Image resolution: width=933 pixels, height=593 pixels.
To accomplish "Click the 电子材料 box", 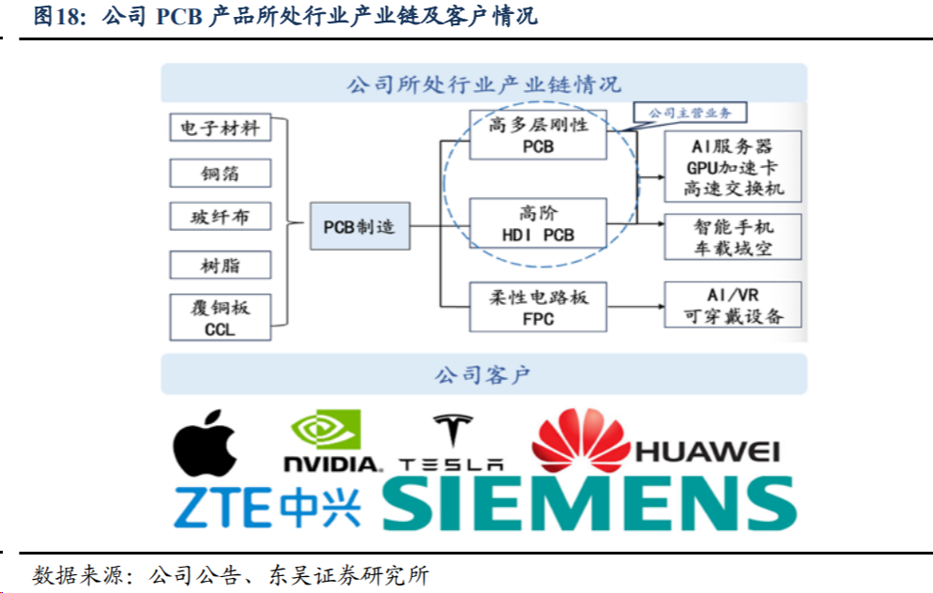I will click(221, 127).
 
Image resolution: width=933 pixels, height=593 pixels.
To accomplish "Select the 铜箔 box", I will click(221, 173).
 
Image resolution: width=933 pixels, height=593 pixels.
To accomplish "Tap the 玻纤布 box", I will click(221, 217).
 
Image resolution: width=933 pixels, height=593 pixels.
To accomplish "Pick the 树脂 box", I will click(221, 265).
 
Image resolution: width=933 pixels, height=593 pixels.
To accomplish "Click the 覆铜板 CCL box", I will click(221, 317).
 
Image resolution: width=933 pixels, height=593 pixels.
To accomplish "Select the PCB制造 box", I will click(359, 226).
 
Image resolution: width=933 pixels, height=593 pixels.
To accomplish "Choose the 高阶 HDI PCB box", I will click(538, 223).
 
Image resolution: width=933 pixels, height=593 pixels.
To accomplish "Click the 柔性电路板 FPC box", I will click(538, 307).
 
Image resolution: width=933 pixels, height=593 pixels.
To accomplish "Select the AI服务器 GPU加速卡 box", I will click(733, 167).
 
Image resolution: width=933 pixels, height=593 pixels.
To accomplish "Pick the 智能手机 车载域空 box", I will click(733, 237).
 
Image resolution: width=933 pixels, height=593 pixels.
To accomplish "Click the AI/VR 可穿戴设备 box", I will click(733, 305).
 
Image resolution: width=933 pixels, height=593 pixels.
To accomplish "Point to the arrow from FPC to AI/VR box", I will click(635, 306).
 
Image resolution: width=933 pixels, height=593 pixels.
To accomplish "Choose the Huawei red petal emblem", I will click(578, 440).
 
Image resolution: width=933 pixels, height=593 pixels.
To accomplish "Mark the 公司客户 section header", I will click(483, 375).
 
